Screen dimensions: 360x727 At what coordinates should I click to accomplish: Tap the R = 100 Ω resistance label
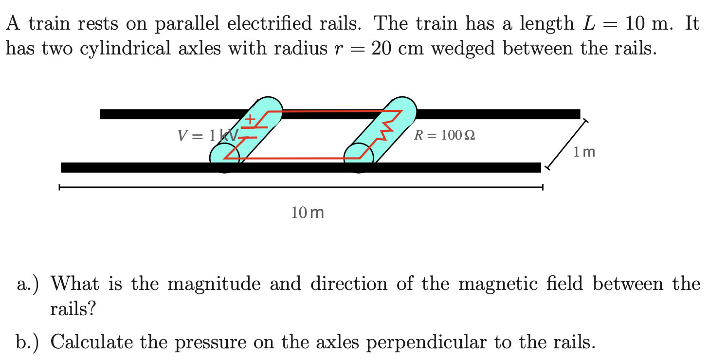[444, 135]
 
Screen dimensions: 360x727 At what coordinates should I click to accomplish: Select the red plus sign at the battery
[250, 118]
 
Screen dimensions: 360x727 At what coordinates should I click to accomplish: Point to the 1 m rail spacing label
[584, 152]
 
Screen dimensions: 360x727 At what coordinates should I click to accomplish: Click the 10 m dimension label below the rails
[308, 213]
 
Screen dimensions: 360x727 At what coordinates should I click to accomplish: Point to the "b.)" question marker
[29, 342]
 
